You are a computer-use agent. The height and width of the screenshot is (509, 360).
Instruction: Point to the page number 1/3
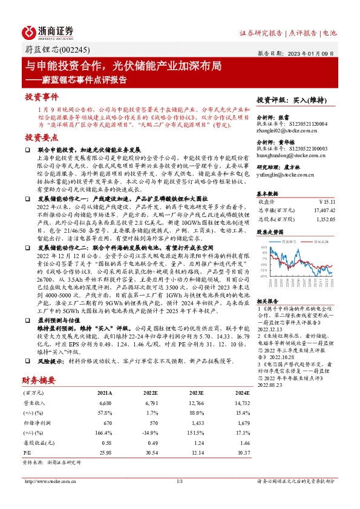[179, 481]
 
